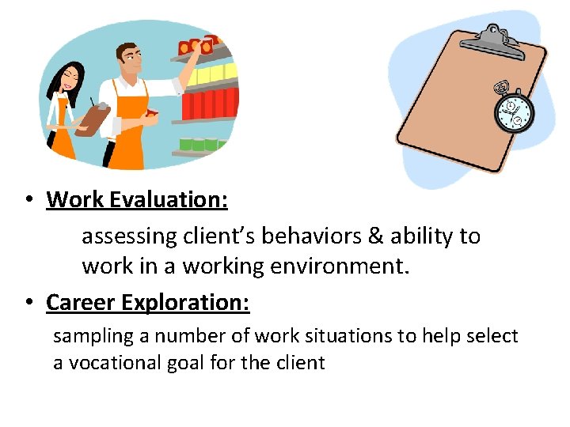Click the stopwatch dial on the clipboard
514,113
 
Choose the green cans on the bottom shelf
199,144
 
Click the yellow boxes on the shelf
208,77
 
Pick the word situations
348,336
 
